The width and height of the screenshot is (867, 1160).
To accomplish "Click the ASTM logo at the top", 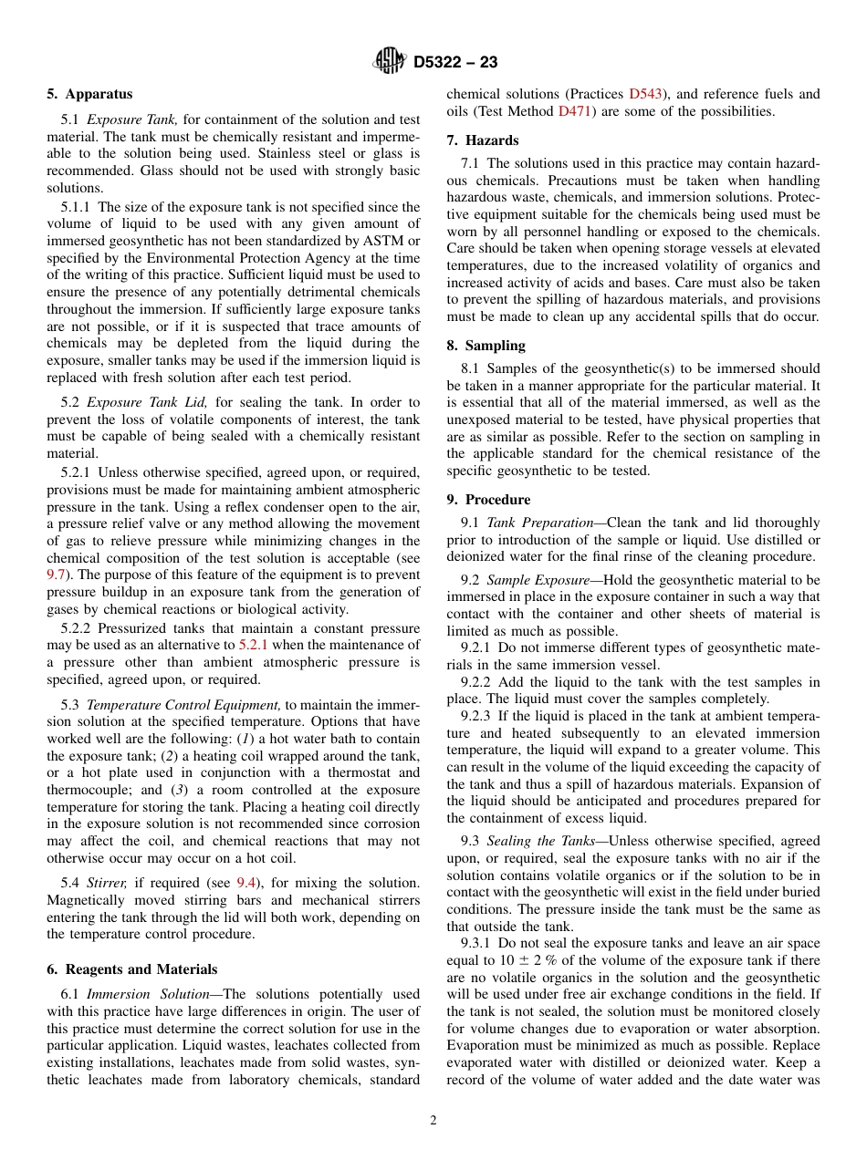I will click(x=391, y=61).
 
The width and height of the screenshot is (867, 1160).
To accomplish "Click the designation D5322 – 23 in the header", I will click(x=455, y=62).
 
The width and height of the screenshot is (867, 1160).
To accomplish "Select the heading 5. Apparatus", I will click(x=89, y=94).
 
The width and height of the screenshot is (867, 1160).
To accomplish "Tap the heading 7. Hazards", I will click(x=483, y=140).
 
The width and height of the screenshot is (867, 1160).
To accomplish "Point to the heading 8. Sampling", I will click(x=486, y=346).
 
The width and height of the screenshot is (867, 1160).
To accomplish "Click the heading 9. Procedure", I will click(x=488, y=500).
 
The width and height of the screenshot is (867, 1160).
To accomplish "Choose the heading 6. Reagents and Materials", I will click(x=132, y=969).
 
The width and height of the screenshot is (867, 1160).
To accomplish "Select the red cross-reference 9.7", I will click(x=56, y=575).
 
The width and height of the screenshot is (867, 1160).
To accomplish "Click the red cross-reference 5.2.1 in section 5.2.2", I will click(x=256, y=646).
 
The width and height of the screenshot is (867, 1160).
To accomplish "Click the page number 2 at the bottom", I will click(x=433, y=1121).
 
